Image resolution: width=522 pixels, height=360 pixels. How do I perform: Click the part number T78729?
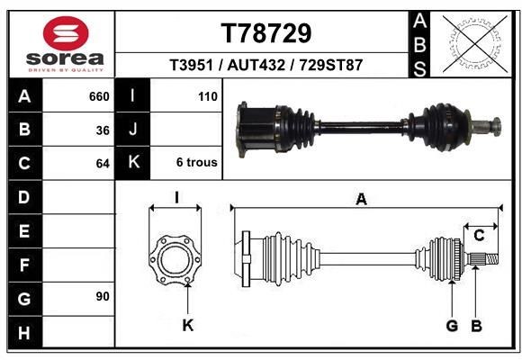(266, 33)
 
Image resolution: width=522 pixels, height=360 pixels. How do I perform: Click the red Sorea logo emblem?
(66, 33)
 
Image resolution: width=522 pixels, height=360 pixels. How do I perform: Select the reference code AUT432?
(256, 65)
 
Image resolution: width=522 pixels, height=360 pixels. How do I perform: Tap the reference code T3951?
(191, 65)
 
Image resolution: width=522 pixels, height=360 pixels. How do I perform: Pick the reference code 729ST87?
(331, 65)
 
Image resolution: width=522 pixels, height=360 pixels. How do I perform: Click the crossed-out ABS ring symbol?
(475, 43)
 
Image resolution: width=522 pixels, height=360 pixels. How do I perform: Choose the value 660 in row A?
(99, 96)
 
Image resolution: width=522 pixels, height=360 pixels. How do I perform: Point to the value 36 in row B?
(103, 130)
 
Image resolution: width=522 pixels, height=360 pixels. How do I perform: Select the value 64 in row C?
(103, 164)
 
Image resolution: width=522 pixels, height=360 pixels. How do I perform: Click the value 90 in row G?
(103, 296)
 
